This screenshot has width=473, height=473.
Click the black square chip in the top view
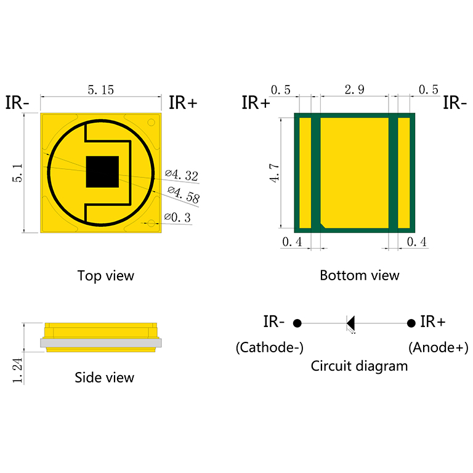point(102,171)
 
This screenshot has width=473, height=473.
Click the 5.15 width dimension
point(101,90)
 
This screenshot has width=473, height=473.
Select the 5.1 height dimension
point(18,173)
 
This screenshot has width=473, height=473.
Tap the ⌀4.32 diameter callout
point(182,175)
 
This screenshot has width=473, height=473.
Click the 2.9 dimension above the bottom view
point(354,90)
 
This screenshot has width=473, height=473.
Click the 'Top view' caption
point(105,275)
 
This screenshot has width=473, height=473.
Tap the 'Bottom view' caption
point(359,275)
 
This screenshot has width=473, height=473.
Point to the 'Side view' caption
point(104,377)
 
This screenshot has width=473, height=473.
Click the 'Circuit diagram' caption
point(359,366)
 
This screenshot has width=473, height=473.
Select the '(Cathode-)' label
point(269,347)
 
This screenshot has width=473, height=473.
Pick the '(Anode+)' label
point(438,347)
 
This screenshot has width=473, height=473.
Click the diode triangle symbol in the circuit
point(351,323)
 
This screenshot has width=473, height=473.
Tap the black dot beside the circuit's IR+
point(411,323)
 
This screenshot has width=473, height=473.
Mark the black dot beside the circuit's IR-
point(297,323)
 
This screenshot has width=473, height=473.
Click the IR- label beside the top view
point(17,102)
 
